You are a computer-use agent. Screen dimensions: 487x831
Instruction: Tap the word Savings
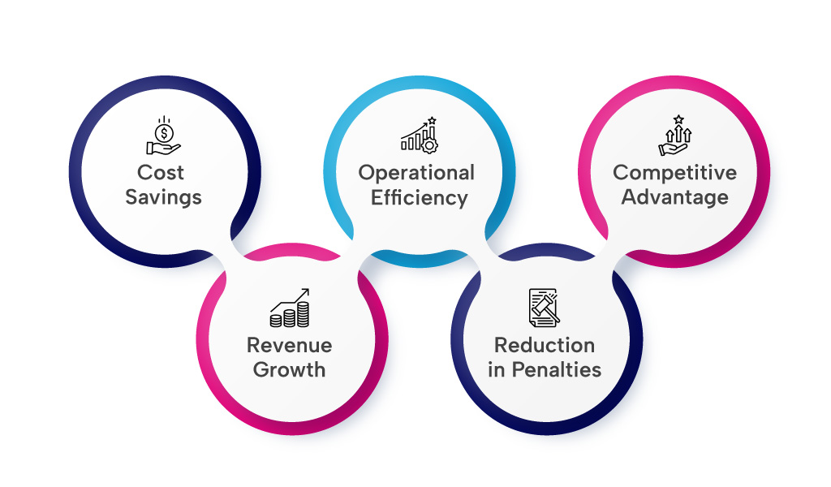(x=163, y=197)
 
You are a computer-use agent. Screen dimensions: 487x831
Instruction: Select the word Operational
(x=416, y=173)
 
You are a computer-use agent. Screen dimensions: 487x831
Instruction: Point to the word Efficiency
(x=419, y=197)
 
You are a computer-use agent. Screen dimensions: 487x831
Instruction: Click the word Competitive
(x=674, y=173)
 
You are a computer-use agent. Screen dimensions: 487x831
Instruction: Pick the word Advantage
(x=674, y=197)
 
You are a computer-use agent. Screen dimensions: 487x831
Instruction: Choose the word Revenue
(x=290, y=345)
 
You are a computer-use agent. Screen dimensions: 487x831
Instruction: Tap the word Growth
(x=290, y=369)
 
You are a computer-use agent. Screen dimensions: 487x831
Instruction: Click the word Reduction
(x=545, y=345)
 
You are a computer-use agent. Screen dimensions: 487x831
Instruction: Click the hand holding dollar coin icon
(x=163, y=136)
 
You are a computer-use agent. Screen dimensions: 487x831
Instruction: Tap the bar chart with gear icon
(x=419, y=135)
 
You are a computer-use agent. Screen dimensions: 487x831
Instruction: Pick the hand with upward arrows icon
(x=674, y=136)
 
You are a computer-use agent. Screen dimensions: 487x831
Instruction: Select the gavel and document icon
(x=545, y=307)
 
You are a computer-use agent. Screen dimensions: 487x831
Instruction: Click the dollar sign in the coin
(x=166, y=131)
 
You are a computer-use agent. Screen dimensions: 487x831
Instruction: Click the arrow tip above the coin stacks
(x=306, y=290)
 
